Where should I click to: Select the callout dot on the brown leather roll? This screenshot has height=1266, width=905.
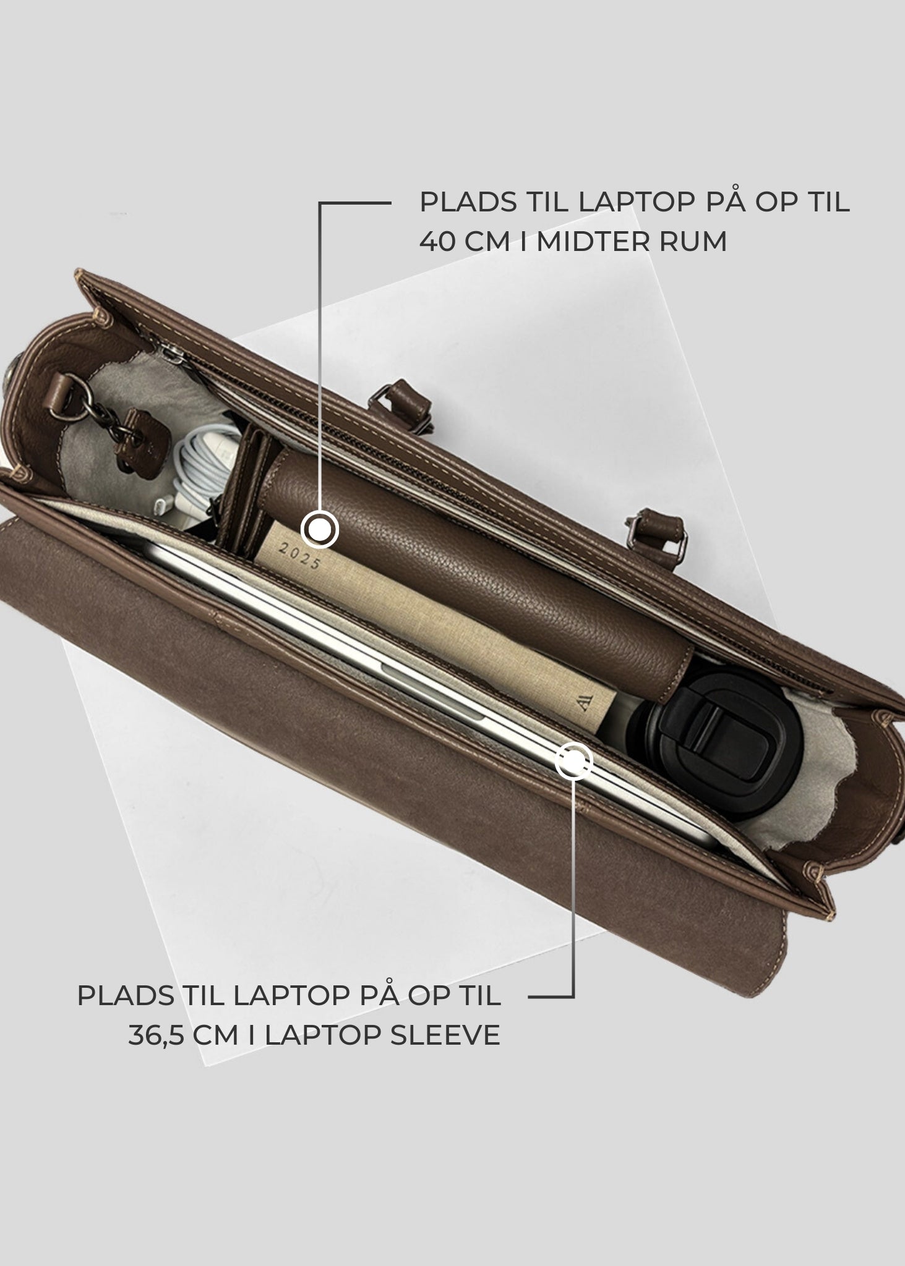[320, 530]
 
